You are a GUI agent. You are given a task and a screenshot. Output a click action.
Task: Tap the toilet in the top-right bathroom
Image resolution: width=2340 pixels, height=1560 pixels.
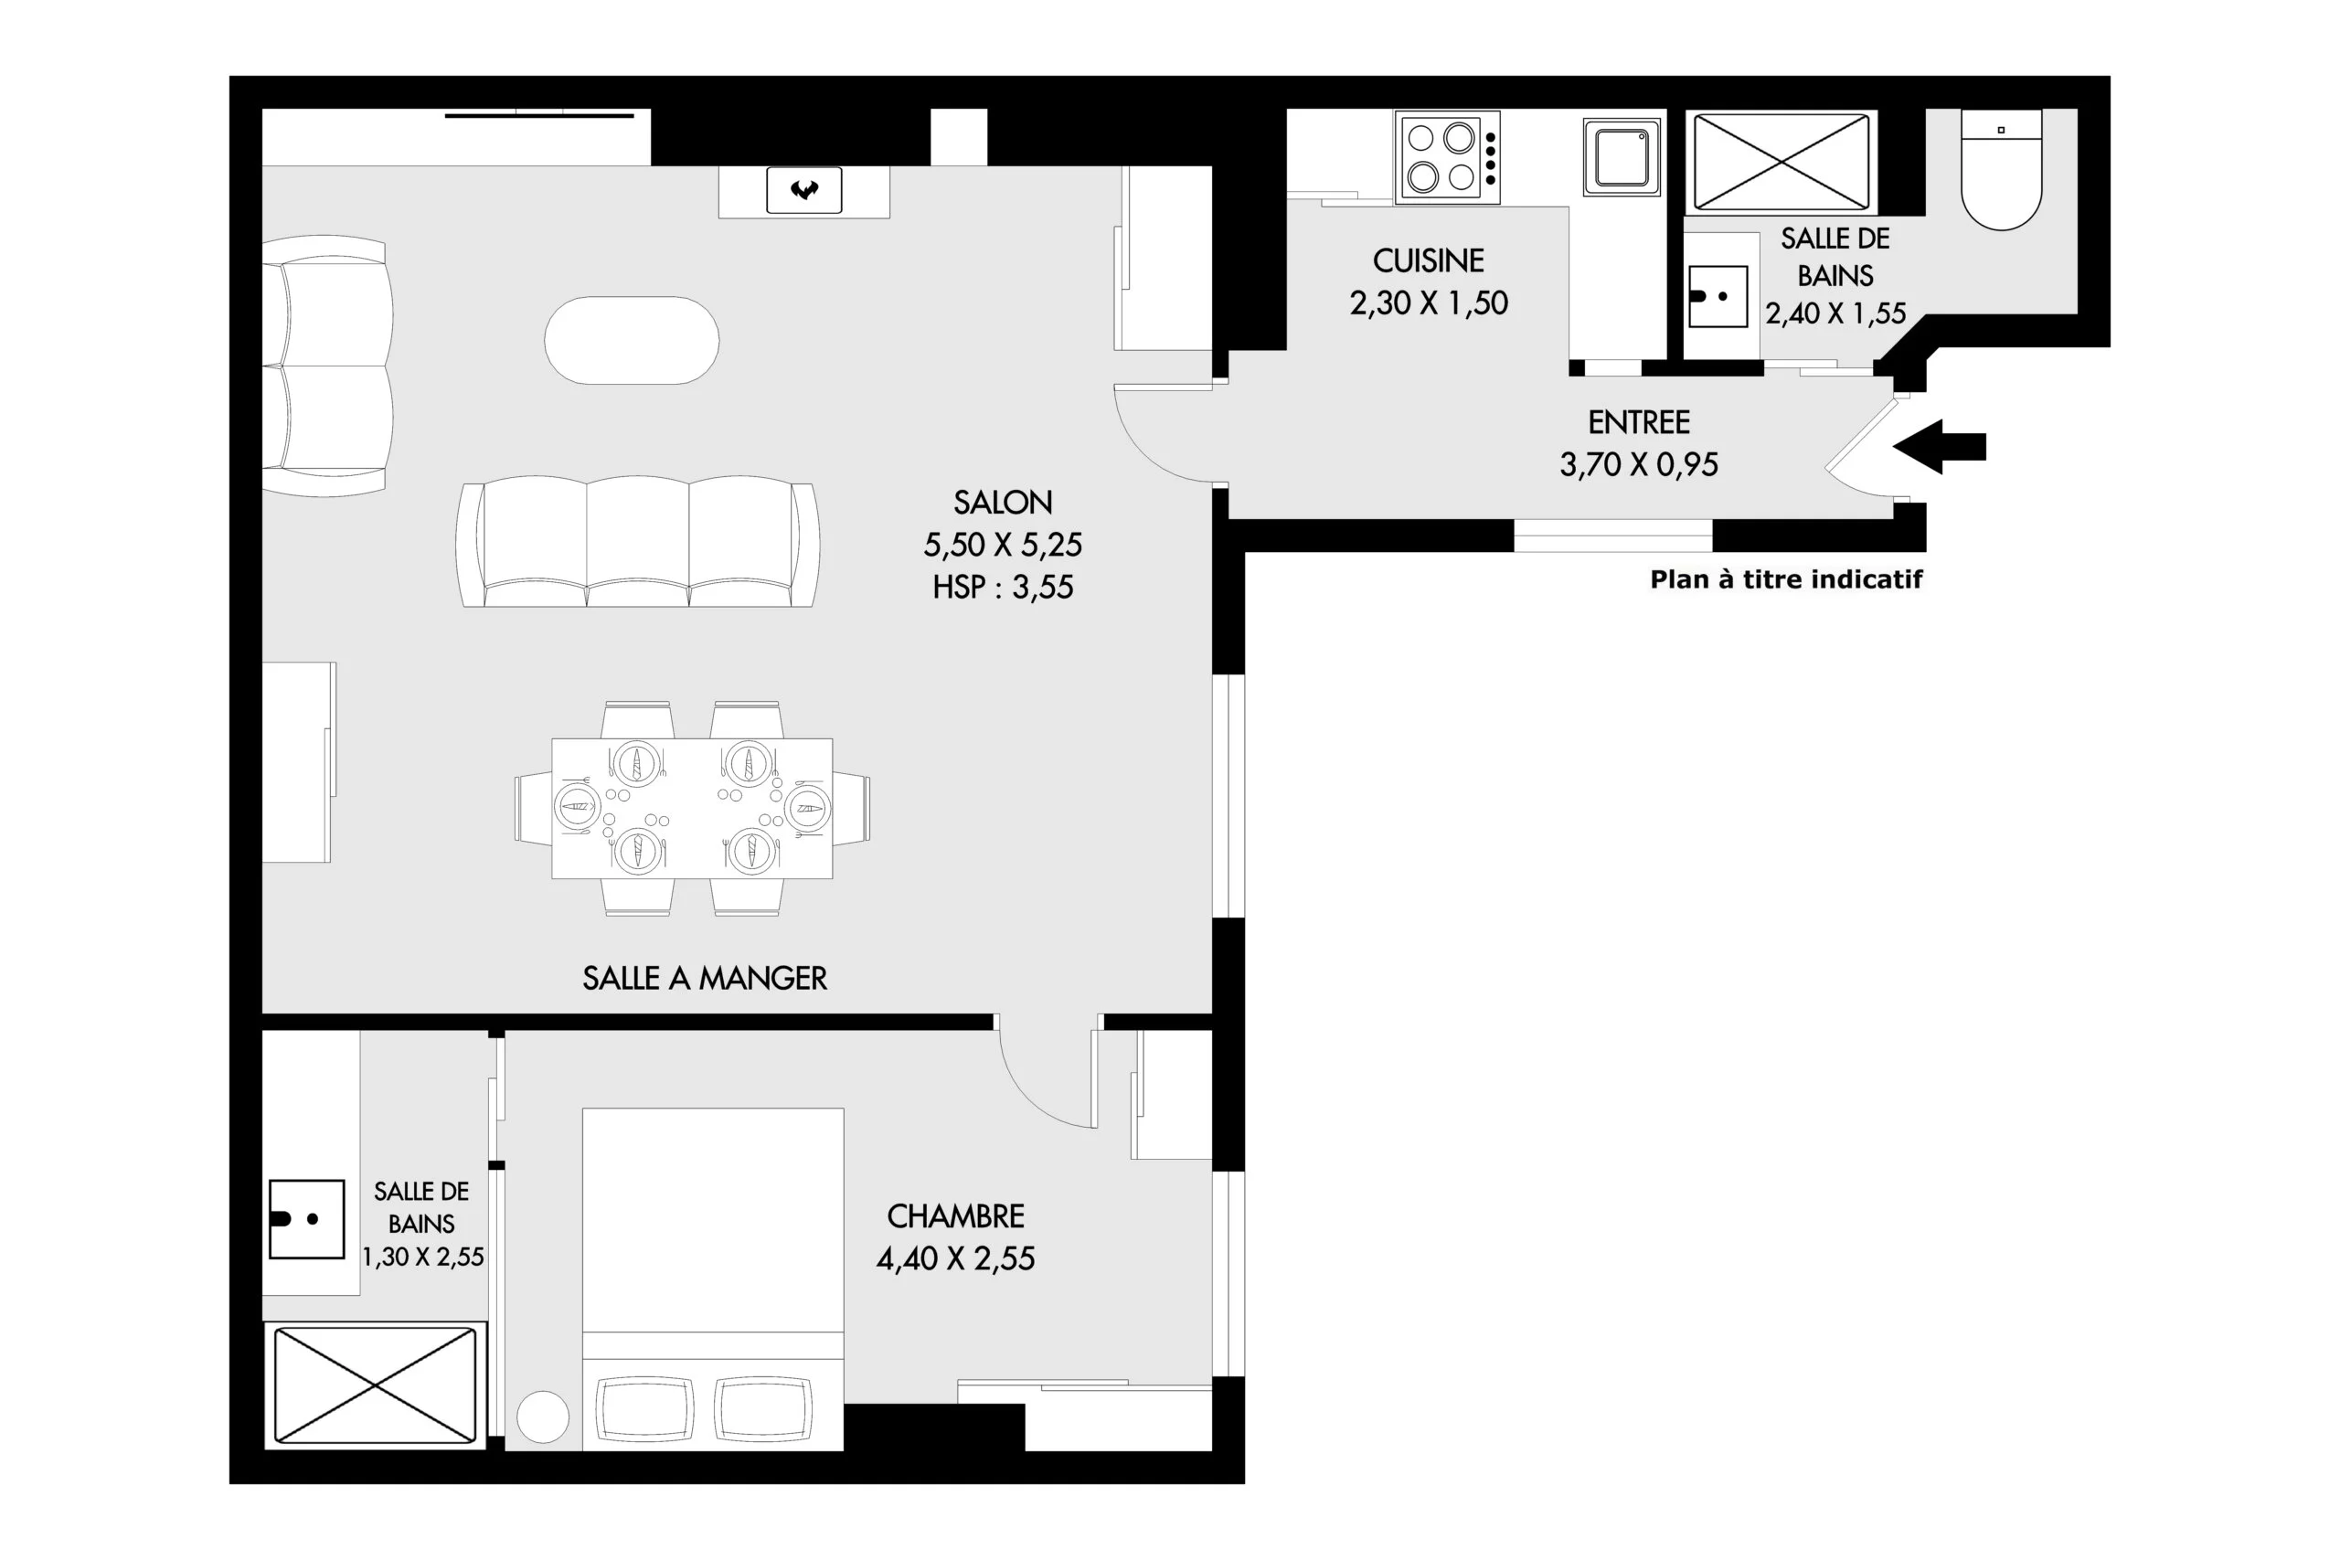(x=2001, y=169)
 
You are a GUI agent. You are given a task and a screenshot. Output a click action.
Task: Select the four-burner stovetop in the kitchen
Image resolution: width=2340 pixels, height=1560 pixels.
(x=1448, y=157)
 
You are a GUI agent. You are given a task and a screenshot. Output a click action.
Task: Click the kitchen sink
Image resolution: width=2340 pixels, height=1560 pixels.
(x=1622, y=156)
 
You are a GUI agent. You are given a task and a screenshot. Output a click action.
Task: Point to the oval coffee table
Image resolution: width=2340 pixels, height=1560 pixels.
(x=632, y=340)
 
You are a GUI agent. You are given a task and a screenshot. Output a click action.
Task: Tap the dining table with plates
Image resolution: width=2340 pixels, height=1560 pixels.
(x=693, y=808)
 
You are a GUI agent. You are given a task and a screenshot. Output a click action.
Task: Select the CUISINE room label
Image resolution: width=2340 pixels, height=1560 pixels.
(x=1429, y=260)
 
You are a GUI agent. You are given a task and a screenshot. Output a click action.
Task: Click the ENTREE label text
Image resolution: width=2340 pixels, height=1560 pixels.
(x=1639, y=423)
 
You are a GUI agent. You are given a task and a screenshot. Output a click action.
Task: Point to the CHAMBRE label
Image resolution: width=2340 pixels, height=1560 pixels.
(x=955, y=1215)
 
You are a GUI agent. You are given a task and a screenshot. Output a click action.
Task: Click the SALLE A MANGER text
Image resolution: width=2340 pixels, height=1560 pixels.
(x=705, y=978)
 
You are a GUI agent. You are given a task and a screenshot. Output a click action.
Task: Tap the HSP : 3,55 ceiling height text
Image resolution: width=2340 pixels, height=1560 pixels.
(x=1003, y=587)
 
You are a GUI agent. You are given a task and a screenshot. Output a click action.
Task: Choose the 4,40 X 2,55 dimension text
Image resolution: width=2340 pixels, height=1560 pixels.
(x=955, y=1258)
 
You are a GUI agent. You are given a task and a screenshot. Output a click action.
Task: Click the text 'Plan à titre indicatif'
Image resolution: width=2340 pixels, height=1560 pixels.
(x=1786, y=579)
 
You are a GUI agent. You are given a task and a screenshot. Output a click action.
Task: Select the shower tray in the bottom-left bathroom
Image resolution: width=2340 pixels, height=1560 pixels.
(x=375, y=1385)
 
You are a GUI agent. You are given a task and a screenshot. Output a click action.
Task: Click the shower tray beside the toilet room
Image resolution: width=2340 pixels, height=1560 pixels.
(x=1781, y=161)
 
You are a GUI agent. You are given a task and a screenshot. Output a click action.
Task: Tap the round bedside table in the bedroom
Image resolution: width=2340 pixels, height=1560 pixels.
(x=543, y=1417)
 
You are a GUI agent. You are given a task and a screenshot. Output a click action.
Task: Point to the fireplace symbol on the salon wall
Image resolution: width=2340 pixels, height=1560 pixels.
(x=803, y=190)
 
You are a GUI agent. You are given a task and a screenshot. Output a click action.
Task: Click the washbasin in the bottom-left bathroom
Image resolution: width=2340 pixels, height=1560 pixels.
(x=306, y=1219)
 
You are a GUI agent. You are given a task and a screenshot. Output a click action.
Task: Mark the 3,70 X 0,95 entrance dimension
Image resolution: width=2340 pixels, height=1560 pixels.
(x=1639, y=464)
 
